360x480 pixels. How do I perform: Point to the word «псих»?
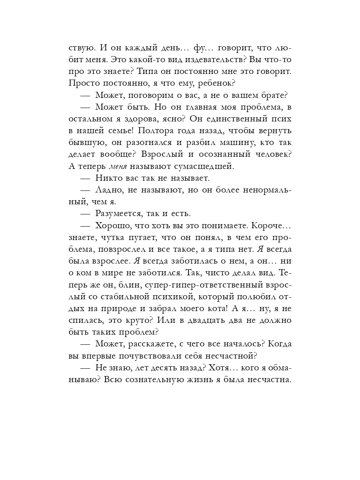[281, 119]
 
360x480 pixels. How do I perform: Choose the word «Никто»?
[107, 178]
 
